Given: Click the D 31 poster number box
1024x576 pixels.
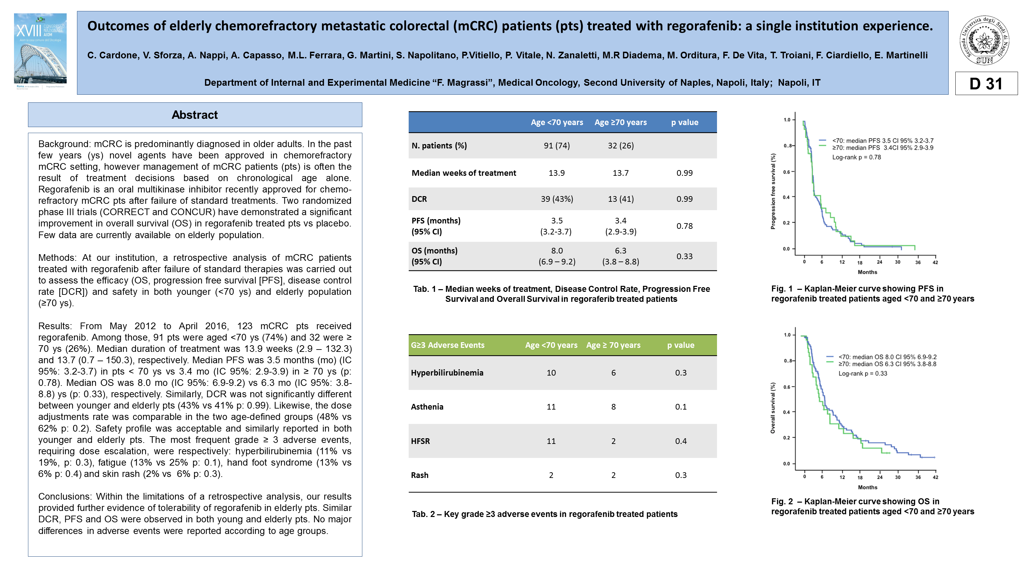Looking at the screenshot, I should click(986, 83).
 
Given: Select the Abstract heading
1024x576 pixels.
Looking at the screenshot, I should click(195, 115).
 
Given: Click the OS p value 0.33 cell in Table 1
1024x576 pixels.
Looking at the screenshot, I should click(685, 256).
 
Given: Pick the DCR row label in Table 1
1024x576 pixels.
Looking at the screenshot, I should click(419, 199).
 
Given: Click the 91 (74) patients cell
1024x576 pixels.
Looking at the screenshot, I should click(557, 146).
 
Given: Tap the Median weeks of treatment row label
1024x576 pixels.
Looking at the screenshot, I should click(464, 173).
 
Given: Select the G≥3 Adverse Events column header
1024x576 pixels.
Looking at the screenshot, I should click(448, 345).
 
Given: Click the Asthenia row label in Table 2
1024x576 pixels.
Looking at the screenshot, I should click(427, 407).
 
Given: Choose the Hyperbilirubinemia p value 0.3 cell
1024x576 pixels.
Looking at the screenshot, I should click(681, 373).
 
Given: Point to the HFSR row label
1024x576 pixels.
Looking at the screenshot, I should click(420, 441).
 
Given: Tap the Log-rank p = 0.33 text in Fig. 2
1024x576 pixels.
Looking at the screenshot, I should click(863, 374).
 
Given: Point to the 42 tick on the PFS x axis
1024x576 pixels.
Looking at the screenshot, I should click(935, 262).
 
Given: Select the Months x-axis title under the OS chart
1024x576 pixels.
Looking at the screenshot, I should click(867, 487).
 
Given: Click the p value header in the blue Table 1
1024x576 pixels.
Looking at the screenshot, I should click(685, 122).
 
